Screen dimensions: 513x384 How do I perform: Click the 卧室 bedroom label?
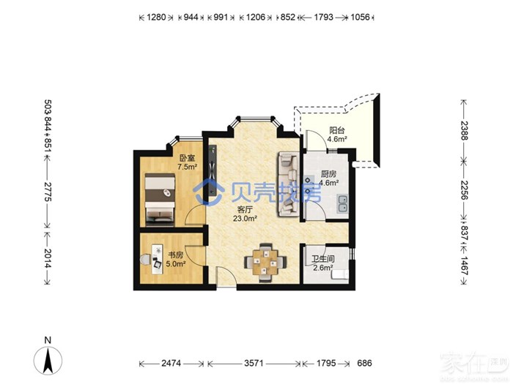click(x=187, y=159)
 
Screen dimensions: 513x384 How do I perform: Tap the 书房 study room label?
click(x=176, y=255)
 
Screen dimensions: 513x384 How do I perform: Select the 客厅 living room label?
click(x=245, y=210)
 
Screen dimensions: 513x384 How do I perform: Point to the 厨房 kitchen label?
click(x=328, y=174)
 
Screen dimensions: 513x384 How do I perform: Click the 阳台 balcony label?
click(x=337, y=130)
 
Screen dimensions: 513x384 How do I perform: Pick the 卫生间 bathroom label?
click(x=323, y=259)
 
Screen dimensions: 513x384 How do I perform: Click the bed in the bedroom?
click(x=160, y=200)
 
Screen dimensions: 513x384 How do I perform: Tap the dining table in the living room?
click(x=265, y=262)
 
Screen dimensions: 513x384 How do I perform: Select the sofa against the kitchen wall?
click(x=288, y=184)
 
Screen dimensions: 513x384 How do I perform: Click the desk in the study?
click(x=157, y=259)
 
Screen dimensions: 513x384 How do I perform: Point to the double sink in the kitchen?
click(x=343, y=204)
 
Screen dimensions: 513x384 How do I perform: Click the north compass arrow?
click(x=48, y=360)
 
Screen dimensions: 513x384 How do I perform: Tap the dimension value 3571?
click(x=254, y=363)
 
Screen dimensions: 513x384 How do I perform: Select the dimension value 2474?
click(x=171, y=363)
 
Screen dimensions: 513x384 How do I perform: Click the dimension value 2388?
click(x=465, y=130)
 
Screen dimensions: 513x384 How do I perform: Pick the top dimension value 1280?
click(x=156, y=17)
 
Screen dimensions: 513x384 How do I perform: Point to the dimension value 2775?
click(x=48, y=191)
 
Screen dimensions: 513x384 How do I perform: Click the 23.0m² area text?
click(x=245, y=219)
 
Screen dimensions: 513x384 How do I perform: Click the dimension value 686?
click(x=364, y=363)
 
